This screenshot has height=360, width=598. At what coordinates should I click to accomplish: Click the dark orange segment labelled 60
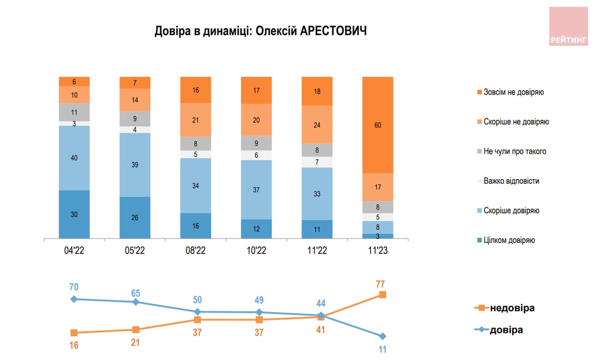pos(378,125)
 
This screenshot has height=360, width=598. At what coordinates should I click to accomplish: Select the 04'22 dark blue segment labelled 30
pos(74,214)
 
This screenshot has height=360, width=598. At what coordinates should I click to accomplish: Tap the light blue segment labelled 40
pos(74,158)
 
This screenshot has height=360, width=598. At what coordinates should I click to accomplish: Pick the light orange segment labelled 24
pos(317,125)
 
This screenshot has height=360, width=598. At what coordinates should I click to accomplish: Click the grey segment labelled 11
pos(74,112)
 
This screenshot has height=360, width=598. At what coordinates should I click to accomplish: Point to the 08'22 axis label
pos(195,251)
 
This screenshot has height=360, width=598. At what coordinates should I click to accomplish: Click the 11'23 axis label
pos(378,251)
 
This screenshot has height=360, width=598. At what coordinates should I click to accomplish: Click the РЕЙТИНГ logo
pos(568,27)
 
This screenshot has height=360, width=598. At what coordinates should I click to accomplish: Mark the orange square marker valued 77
pos(382,294)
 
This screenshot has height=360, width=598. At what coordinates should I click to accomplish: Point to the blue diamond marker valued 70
pos(74,299)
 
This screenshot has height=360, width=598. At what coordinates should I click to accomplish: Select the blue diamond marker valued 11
pos(382,336)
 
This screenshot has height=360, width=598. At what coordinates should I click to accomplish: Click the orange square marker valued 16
pos(74,333)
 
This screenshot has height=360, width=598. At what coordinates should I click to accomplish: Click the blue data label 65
pos(135,293)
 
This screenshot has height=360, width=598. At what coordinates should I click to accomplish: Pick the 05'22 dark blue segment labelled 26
pos(135,217)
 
